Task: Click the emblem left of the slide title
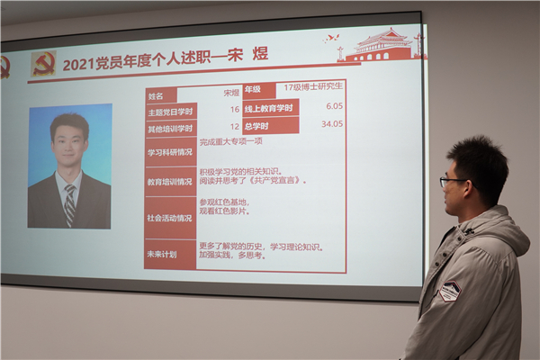pos(43,62)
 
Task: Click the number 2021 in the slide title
pos(78,65)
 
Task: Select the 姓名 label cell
pos(157,94)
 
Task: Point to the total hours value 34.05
pos(332,124)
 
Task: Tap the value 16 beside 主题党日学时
pos(235,109)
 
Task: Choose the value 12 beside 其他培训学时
pos(235,127)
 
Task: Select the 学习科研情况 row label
pos(169,151)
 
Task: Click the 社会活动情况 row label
pos(169,217)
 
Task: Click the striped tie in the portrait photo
pos(69,204)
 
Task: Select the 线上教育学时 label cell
pos(270,107)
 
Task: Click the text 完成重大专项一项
pos(229,142)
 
